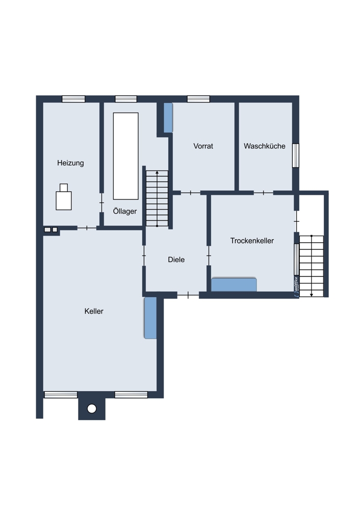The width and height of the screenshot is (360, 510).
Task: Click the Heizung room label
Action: [x=70, y=163]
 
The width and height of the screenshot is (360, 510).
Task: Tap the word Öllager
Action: [x=125, y=212]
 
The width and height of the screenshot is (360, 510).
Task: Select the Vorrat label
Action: [x=203, y=146]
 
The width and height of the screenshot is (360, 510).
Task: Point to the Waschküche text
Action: [x=264, y=146]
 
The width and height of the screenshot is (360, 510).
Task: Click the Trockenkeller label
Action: [x=252, y=241]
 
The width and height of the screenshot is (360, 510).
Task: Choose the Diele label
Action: [x=176, y=260]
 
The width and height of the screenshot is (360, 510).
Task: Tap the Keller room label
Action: [x=94, y=311]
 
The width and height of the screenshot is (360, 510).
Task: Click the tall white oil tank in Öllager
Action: [x=126, y=156]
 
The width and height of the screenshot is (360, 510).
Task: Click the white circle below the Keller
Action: [x=92, y=409]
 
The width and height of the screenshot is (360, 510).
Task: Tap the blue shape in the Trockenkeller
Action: [x=234, y=285]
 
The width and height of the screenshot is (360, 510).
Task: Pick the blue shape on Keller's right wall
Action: [x=150, y=318]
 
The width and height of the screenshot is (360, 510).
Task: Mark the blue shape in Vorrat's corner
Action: [x=168, y=118]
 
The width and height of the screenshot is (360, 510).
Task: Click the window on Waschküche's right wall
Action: [x=296, y=156]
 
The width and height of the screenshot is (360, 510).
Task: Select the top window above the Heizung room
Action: [x=73, y=99]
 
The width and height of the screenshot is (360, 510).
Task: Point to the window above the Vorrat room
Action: [x=198, y=99]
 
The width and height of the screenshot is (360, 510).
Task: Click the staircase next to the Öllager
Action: [x=157, y=198]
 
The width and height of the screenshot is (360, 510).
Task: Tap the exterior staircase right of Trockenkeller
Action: [x=312, y=266]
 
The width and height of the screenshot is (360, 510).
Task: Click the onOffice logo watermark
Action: [x=296, y=286]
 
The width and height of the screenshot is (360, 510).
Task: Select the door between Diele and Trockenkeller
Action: [x=209, y=256]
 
